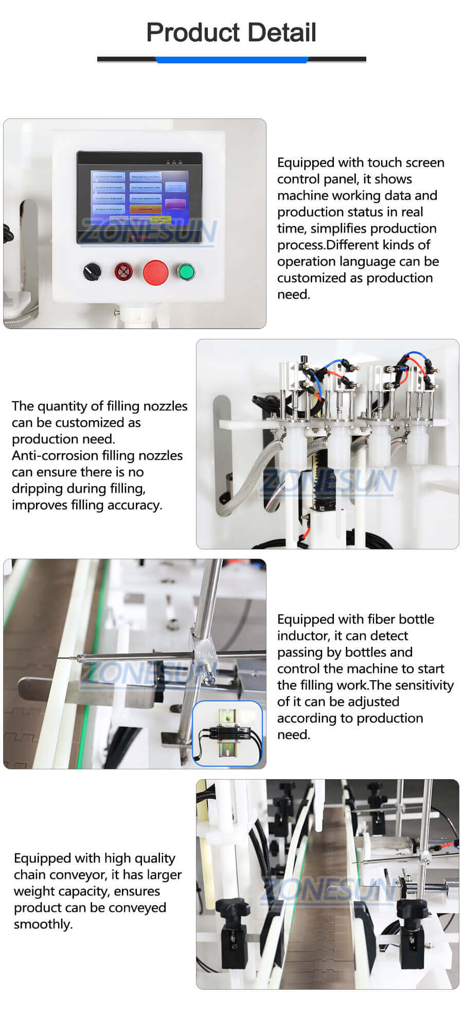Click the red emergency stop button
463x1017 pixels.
pos(155,272)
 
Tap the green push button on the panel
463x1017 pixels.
pos(185,271)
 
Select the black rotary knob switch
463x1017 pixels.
pos(92,271)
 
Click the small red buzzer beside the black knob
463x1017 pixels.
pos(123,271)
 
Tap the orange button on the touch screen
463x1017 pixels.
pos(145,209)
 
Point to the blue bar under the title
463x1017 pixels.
pos(232,60)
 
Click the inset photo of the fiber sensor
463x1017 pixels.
pos(227,733)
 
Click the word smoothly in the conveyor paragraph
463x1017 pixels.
pos(43,924)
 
